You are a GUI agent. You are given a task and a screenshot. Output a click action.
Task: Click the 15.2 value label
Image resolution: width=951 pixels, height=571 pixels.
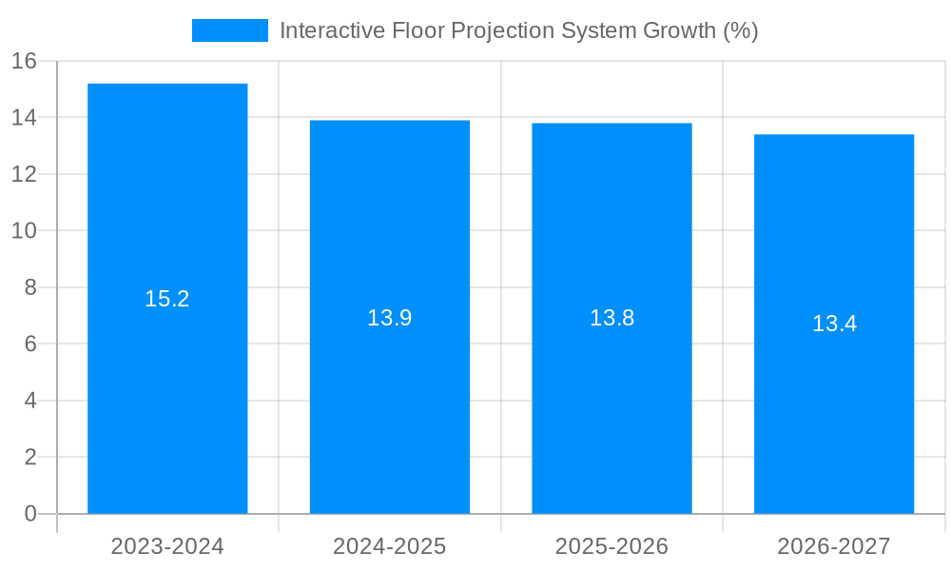click(167, 299)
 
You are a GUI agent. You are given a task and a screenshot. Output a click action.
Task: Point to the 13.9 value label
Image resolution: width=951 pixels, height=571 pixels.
click(390, 318)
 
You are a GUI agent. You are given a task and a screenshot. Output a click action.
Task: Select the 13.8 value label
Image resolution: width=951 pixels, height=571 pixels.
click(611, 318)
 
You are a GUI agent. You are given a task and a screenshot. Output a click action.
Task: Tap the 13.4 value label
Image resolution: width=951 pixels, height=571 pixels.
click(834, 324)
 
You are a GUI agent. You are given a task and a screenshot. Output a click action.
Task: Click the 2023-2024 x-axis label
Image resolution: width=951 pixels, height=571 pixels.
click(167, 546)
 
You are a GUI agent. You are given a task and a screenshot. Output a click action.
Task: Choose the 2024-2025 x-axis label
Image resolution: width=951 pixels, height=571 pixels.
click(390, 546)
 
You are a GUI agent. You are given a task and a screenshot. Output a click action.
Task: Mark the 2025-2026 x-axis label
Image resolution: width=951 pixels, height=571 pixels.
click(611, 546)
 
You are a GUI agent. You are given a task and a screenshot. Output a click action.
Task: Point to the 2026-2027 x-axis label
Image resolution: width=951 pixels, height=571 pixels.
click(834, 546)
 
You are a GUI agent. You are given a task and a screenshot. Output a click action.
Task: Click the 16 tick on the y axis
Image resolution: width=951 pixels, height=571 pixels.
click(24, 62)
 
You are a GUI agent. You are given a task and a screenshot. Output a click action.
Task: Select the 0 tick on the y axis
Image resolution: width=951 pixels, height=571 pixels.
click(29, 514)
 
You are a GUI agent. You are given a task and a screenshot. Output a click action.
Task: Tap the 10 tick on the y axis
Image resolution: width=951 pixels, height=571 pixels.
click(24, 231)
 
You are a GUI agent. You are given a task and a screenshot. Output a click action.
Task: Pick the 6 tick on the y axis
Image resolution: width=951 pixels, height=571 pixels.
click(29, 345)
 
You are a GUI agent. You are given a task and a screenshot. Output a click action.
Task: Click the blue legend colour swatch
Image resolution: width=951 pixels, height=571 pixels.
click(230, 30)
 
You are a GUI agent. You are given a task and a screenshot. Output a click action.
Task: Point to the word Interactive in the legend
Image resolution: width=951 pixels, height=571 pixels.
click(332, 30)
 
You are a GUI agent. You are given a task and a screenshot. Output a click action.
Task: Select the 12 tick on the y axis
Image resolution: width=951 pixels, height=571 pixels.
click(24, 175)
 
